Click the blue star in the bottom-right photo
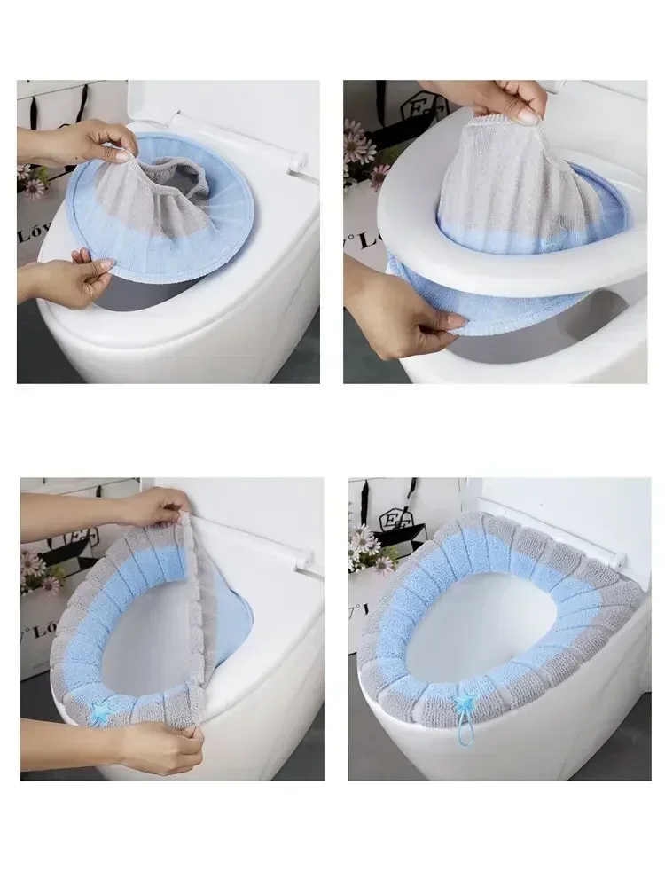click(463, 703)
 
